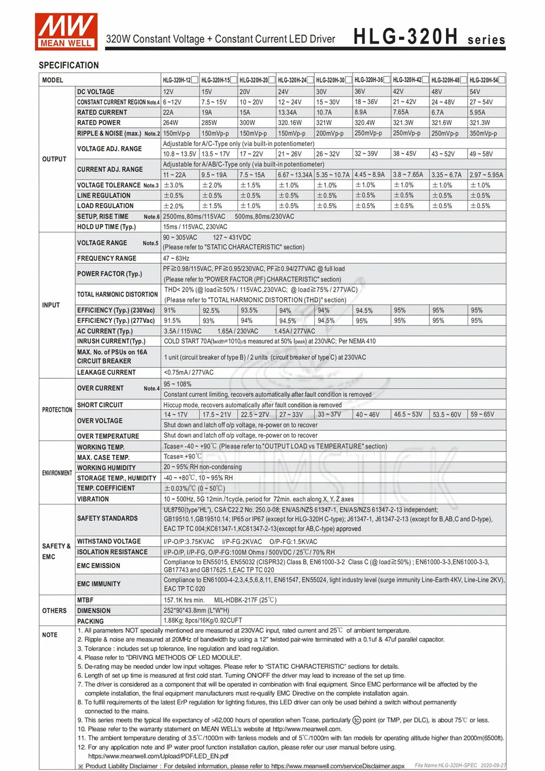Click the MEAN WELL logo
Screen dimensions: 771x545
[66, 31]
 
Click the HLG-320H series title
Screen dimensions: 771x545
[429, 37]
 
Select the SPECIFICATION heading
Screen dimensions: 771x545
[69, 65]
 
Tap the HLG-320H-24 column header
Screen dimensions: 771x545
[292, 80]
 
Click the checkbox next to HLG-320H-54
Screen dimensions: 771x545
[502, 80]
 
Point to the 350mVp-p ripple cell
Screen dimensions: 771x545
[483, 133]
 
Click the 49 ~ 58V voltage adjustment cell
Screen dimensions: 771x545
[481, 154]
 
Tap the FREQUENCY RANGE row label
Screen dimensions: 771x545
[107, 258]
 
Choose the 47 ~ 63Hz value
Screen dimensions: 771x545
[176, 258]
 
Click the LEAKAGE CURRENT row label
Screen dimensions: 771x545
[106, 372]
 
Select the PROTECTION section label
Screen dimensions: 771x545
[57, 409]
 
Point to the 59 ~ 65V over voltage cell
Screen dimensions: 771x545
[482, 414]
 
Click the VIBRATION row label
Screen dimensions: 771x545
[93, 499]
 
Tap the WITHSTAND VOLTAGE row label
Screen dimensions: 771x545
[108, 541]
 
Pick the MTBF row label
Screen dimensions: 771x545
[85, 600]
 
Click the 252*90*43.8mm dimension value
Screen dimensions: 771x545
[196, 611]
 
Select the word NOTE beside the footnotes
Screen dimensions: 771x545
[50, 635]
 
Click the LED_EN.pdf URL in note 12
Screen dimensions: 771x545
[158, 756]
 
